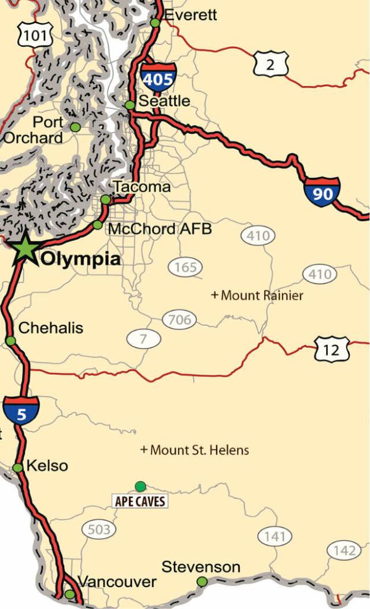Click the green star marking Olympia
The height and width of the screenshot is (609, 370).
click(x=25, y=249)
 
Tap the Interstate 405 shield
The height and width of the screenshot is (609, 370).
click(x=159, y=77)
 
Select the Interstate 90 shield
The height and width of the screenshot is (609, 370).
click(x=322, y=192)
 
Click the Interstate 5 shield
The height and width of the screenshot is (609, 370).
click(x=21, y=411)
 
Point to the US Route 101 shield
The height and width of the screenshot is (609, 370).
click(x=35, y=36)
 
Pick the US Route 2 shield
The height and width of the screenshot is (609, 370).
click(x=270, y=64)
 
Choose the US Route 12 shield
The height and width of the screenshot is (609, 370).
click(x=331, y=349)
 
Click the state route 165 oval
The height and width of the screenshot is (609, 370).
click(x=185, y=268)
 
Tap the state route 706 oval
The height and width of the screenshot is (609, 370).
click(x=179, y=319)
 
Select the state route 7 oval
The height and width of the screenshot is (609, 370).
click(x=144, y=339)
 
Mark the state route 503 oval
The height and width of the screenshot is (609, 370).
click(x=99, y=529)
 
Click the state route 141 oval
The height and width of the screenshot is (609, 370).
click(x=275, y=537)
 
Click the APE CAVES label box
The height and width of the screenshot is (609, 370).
click(x=140, y=501)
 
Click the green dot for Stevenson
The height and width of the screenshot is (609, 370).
click(x=202, y=581)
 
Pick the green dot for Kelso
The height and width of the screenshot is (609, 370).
click(x=18, y=467)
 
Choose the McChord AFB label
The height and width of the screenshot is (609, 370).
click(x=159, y=228)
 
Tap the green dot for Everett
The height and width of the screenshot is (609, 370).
click(x=155, y=23)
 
